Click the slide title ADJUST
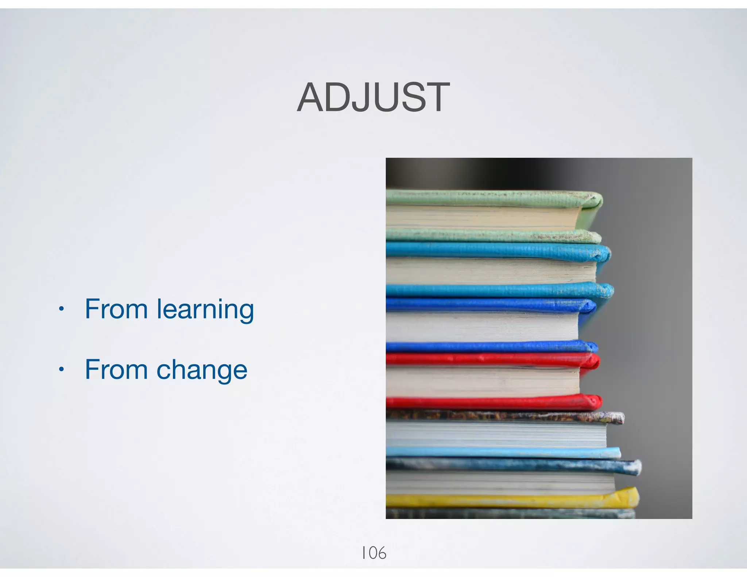click(x=373, y=98)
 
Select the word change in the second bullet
click(x=202, y=370)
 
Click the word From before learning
click(x=116, y=309)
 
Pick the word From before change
click(x=116, y=369)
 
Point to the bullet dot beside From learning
click(x=61, y=310)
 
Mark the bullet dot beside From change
click(x=61, y=370)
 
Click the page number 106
click(x=373, y=553)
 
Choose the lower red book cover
click(x=492, y=402)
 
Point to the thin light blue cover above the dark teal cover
click(x=503, y=453)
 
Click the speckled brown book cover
click(x=503, y=416)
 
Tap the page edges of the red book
click(x=481, y=381)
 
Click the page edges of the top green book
click(x=481, y=217)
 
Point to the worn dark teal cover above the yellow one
click(x=511, y=465)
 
